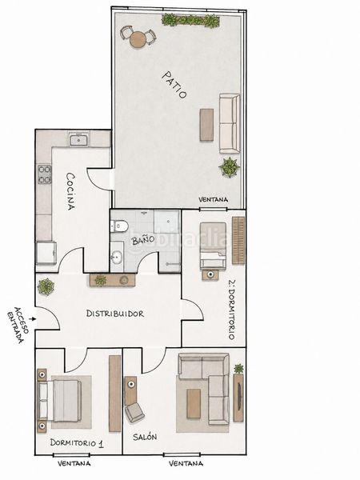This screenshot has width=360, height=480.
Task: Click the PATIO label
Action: (x=174, y=85)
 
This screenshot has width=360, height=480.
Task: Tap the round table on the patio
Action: (x=138, y=39)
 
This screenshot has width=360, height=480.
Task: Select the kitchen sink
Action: (x=79, y=140)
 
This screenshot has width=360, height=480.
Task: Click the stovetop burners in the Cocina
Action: (x=44, y=174)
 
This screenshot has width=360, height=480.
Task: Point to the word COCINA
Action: (x=71, y=191)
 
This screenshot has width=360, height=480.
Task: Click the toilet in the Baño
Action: (x=120, y=226)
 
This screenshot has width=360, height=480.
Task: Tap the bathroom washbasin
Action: (x=117, y=257)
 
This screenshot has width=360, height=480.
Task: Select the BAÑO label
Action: (x=142, y=240)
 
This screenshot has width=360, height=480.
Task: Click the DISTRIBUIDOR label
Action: (x=114, y=314)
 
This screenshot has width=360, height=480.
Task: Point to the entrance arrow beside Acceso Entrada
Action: (x=34, y=318)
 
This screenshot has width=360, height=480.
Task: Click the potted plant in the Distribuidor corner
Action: (x=46, y=287)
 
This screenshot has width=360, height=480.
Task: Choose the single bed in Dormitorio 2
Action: (x=213, y=246)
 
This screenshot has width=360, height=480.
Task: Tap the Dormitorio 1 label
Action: (x=77, y=443)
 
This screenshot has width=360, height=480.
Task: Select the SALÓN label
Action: (x=145, y=437)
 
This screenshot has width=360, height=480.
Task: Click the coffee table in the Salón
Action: (x=194, y=403)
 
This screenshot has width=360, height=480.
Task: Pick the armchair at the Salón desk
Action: (x=134, y=412)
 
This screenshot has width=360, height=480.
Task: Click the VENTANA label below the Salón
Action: (x=186, y=463)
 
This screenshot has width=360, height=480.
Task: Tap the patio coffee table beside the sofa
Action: (x=206, y=125)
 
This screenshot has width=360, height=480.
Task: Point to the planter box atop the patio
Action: (x=190, y=21)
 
